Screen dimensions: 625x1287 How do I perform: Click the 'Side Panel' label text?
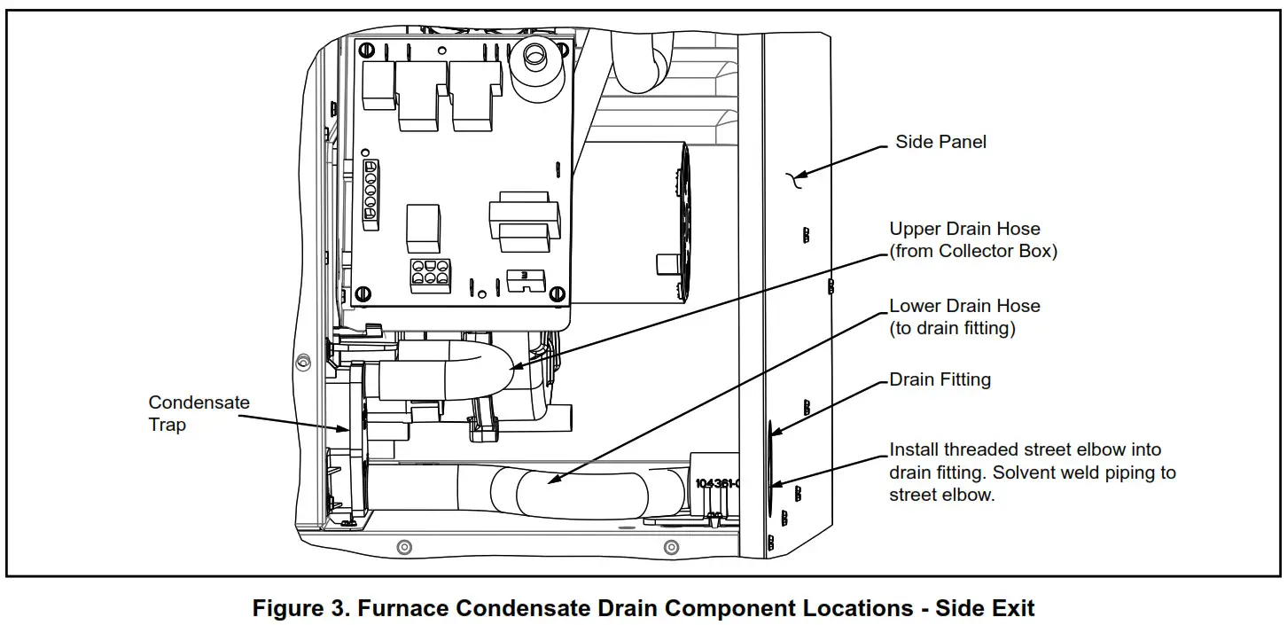[x=940, y=142]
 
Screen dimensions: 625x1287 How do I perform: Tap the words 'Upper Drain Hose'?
[x=964, y=229]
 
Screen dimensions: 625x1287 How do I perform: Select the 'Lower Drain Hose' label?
[x=964, y=306]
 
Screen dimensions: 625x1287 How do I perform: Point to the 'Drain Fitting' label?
[x=940, y=379]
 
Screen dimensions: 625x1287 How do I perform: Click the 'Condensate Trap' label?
[x=199, y=413]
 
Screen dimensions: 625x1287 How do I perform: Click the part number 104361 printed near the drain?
[x=716, y=484]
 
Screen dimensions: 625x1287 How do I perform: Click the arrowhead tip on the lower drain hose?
[x=550, y=482]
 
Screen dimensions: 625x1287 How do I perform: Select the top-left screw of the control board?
[x=363, y=50]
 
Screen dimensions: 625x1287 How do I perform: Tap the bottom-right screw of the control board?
[x=556, y=293]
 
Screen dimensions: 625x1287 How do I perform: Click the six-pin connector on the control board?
[x=429, y=275]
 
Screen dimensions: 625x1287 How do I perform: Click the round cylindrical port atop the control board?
[x=534, y=58]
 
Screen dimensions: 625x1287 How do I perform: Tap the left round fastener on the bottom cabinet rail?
[x=404, y=547]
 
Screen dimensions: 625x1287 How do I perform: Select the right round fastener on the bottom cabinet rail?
[x=671, y=547]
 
